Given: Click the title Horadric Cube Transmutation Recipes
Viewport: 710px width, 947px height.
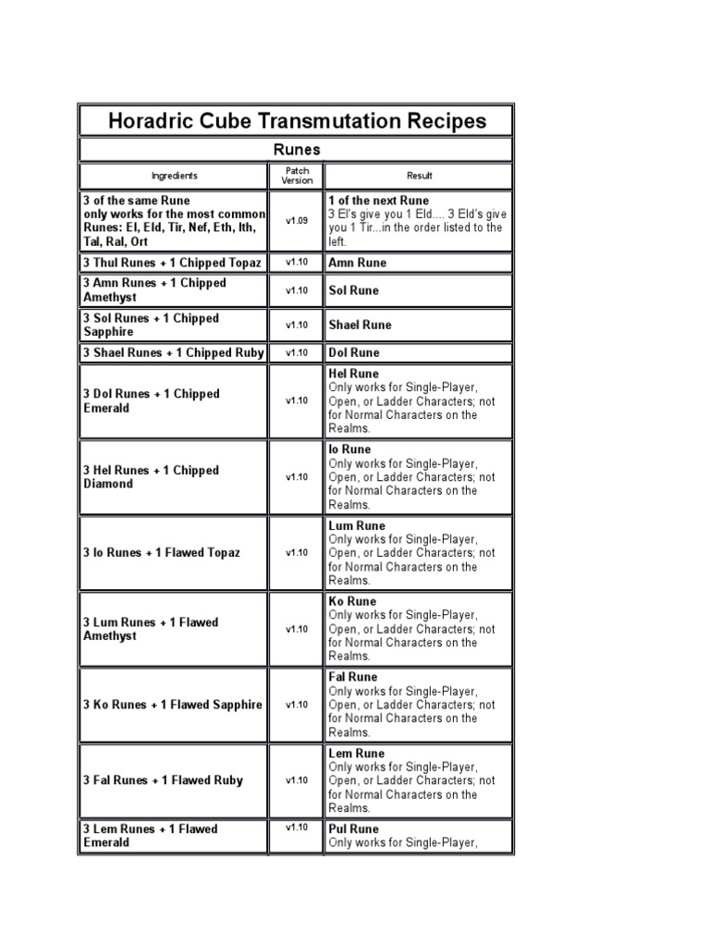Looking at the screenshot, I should tap(296, 121).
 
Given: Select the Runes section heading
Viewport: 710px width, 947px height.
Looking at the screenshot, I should tap(296, 149).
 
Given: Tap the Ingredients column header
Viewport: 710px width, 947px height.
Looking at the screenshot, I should tap(174, 176).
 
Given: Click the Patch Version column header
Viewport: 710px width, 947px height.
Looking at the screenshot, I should tap(297, 176).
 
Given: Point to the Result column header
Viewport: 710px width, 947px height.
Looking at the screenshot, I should tap(418, 176).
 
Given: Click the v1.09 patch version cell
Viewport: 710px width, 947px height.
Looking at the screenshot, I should tap(297, 221).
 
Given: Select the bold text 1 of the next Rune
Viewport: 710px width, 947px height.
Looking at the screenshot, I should tap(378, 200).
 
